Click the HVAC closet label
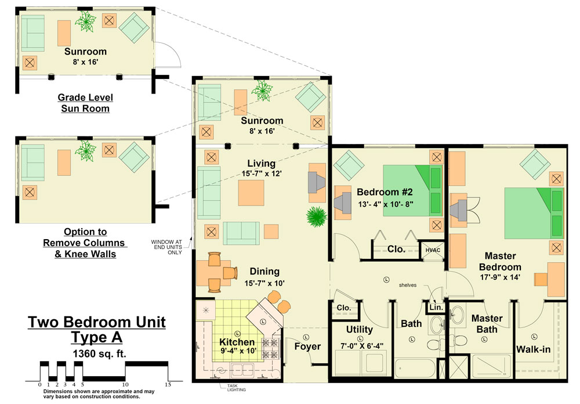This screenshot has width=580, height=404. [x=433, y=250]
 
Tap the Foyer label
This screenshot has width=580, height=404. [x=307, y=346]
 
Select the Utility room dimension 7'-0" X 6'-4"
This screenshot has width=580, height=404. [x=361, y=346]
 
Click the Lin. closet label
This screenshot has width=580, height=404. [x=436, y=307]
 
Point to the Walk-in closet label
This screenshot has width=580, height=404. [x=533, y=349]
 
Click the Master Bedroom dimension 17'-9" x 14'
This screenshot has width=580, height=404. [x=500, y=277]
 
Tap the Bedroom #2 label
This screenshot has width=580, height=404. [x=385, y=192]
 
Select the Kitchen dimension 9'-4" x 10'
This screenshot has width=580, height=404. [x=238, y=350]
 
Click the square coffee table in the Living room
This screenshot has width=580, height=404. [x=251, y=193]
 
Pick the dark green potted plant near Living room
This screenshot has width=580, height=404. [x=317, y=217]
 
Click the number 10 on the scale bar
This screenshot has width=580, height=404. [x=125, y=385]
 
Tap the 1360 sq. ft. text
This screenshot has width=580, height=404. [x=100, y=353]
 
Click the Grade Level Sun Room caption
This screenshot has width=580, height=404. [x=85, y=103]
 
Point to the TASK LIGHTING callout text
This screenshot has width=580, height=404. [x=236, y=388]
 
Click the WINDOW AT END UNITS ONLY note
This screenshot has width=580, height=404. [x=166, y=247]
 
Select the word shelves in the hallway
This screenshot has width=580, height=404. [x=408, y=285]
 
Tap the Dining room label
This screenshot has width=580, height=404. [x=264, y=272]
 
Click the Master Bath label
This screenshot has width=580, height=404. [x=487, y=324]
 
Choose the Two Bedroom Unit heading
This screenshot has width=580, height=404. [x=97, y=322]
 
